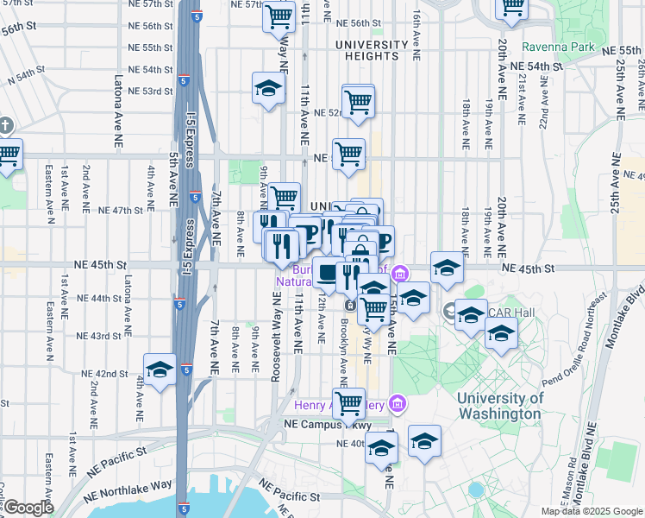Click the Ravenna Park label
[x=557, y=46]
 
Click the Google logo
[x=28, y=508]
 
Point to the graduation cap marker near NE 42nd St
[x=160, y=370]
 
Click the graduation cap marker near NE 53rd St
[x=268, y=88]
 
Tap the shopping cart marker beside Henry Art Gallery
[x=349, y=401]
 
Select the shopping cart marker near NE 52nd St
[x=358, y=100]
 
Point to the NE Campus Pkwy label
[x=329, y=426]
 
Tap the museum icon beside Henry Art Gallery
[x=397, y=402]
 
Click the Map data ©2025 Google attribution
[x=591, y=511]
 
